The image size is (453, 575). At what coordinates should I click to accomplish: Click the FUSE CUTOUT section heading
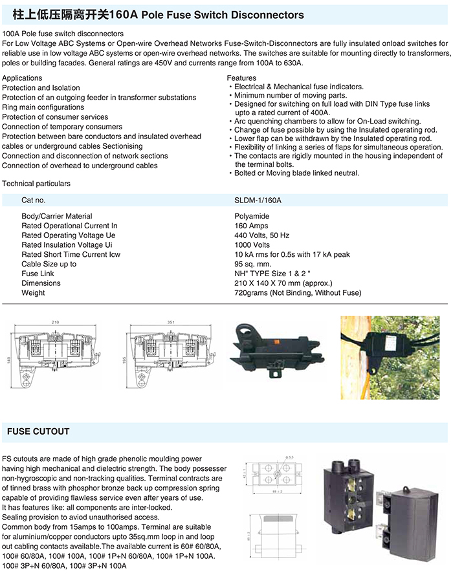click(38, 431)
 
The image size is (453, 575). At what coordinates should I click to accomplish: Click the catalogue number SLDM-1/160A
click(258, 201)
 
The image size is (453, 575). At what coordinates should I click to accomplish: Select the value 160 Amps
click(252, 226)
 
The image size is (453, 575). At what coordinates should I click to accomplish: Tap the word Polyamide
click(251, 216)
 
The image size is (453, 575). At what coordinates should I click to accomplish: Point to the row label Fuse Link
click(38, 274)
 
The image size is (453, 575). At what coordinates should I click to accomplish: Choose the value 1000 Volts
click(253, 245)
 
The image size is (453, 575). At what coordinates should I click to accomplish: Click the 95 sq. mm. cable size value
click(253, 264)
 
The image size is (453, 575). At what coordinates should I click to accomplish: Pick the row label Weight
click(33, 293)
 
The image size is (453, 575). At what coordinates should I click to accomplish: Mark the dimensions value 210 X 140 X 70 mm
click(283, 283)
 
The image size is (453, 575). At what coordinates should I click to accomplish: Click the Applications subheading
click(23, 78)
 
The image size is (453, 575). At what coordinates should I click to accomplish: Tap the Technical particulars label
click(36, 184)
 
